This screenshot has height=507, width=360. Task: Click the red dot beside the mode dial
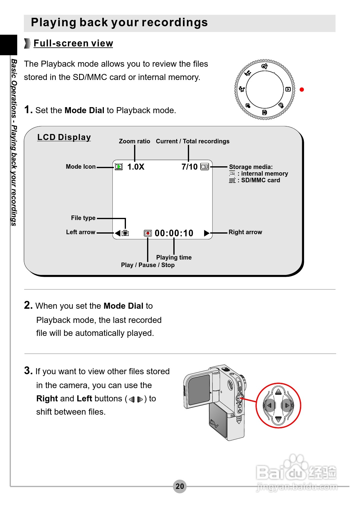pos(301,90)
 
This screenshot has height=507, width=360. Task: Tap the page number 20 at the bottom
pos(180,486)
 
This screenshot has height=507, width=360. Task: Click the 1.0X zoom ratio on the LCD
pos(136,167)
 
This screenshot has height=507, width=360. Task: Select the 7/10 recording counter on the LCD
pos(189,167)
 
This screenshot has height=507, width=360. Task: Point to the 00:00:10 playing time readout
pos(174,233)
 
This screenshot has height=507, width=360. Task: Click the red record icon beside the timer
pos(148,233)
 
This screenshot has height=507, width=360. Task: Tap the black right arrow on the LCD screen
pos(207,233)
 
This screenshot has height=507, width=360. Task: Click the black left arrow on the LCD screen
pos(118,233)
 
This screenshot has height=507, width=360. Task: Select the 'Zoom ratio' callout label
pos(134,141)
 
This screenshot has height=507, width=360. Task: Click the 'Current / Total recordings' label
pos(192,141)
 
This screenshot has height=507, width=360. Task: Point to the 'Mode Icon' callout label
pos(81,167)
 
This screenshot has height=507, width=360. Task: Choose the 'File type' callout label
pos(83,218)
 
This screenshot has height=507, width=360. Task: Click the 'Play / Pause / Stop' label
pos(148,265)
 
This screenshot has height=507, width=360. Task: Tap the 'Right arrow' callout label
pos(245,232)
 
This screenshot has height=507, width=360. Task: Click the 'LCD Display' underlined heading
pos(64,137)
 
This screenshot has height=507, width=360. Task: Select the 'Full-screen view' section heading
pos(73,43)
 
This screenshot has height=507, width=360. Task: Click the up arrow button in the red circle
pos(278,392)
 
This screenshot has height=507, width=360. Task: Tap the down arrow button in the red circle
pos(278,419)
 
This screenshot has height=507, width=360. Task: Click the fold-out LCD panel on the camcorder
pos(199,389)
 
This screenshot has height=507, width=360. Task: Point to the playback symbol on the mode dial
pos(288,89)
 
